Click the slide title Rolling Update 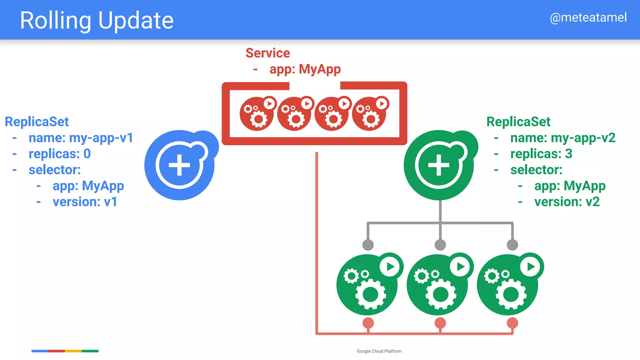[97, 21]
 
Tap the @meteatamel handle [588, 17]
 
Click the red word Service [267, 53]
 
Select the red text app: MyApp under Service [305, 69]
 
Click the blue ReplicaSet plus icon [179, 165]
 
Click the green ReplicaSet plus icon [439, 165]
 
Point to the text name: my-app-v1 [81, 138]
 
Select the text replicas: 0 [59, 154]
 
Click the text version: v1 [85, 202]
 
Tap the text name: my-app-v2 [562, 138]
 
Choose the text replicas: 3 [541, 154]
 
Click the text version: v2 [567, 202]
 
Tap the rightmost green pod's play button [531, 267]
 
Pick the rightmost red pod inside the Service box [369, 114]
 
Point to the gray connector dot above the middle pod [440, 245]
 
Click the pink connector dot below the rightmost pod [512, 323]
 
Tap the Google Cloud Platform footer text [379, 351]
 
